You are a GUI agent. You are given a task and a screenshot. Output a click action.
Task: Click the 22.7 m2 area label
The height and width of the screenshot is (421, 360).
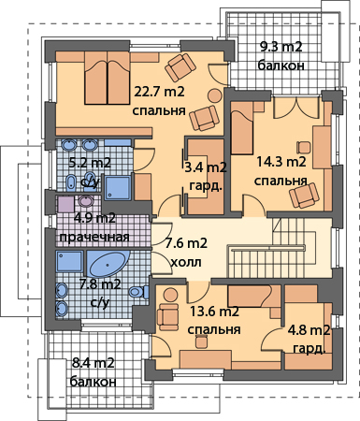click(x=159, y=92)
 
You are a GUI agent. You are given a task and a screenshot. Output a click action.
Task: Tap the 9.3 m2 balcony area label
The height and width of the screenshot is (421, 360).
click(x=281, y=47)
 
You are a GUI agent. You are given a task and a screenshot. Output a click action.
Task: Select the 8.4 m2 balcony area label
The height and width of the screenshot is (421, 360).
click(x=94, y=363)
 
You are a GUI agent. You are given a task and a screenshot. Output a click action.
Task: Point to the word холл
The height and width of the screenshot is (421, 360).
click(x=186, y=262)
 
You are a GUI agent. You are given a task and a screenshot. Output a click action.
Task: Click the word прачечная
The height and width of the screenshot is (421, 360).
click(x=94, y=237)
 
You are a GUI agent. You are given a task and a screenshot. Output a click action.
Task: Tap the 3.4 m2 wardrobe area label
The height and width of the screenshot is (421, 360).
click(x=206, y=167)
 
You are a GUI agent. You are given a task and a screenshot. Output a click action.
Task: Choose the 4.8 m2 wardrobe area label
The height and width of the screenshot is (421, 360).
click(x=309, y=330)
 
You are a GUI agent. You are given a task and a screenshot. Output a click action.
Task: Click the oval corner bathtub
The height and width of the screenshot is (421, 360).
click(x=108, y=264)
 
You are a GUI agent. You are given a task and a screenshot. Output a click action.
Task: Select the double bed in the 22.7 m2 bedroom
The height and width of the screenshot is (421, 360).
click(x=108, y=78)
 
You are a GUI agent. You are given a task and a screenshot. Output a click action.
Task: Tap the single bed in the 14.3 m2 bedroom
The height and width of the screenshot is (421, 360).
click(x=242, y=128)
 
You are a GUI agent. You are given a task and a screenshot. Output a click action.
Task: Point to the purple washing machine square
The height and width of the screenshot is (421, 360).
click(x=66, y=204)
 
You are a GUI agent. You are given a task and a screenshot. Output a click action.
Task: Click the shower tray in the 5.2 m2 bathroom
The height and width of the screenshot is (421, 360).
click(x=118, y=188)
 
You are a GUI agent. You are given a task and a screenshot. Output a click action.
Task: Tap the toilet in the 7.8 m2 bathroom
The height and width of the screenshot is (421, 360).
click(x=138, y=292)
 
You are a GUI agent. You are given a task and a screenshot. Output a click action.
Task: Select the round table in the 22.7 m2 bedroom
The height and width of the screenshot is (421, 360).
click(x=215, y=94)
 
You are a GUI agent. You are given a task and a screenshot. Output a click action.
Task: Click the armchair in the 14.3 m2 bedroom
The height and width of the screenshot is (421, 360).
click(x=304, y=196)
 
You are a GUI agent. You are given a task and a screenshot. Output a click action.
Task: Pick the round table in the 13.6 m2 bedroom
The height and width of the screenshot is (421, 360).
click(x=170, y=295)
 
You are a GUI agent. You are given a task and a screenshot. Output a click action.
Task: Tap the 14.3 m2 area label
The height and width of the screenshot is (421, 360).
click(x=281, y=162)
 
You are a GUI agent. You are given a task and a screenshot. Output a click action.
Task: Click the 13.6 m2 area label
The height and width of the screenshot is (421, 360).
click(x=214, y=312)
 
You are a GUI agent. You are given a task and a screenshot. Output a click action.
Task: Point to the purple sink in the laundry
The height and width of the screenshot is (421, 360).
click(x=85, y=200)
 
